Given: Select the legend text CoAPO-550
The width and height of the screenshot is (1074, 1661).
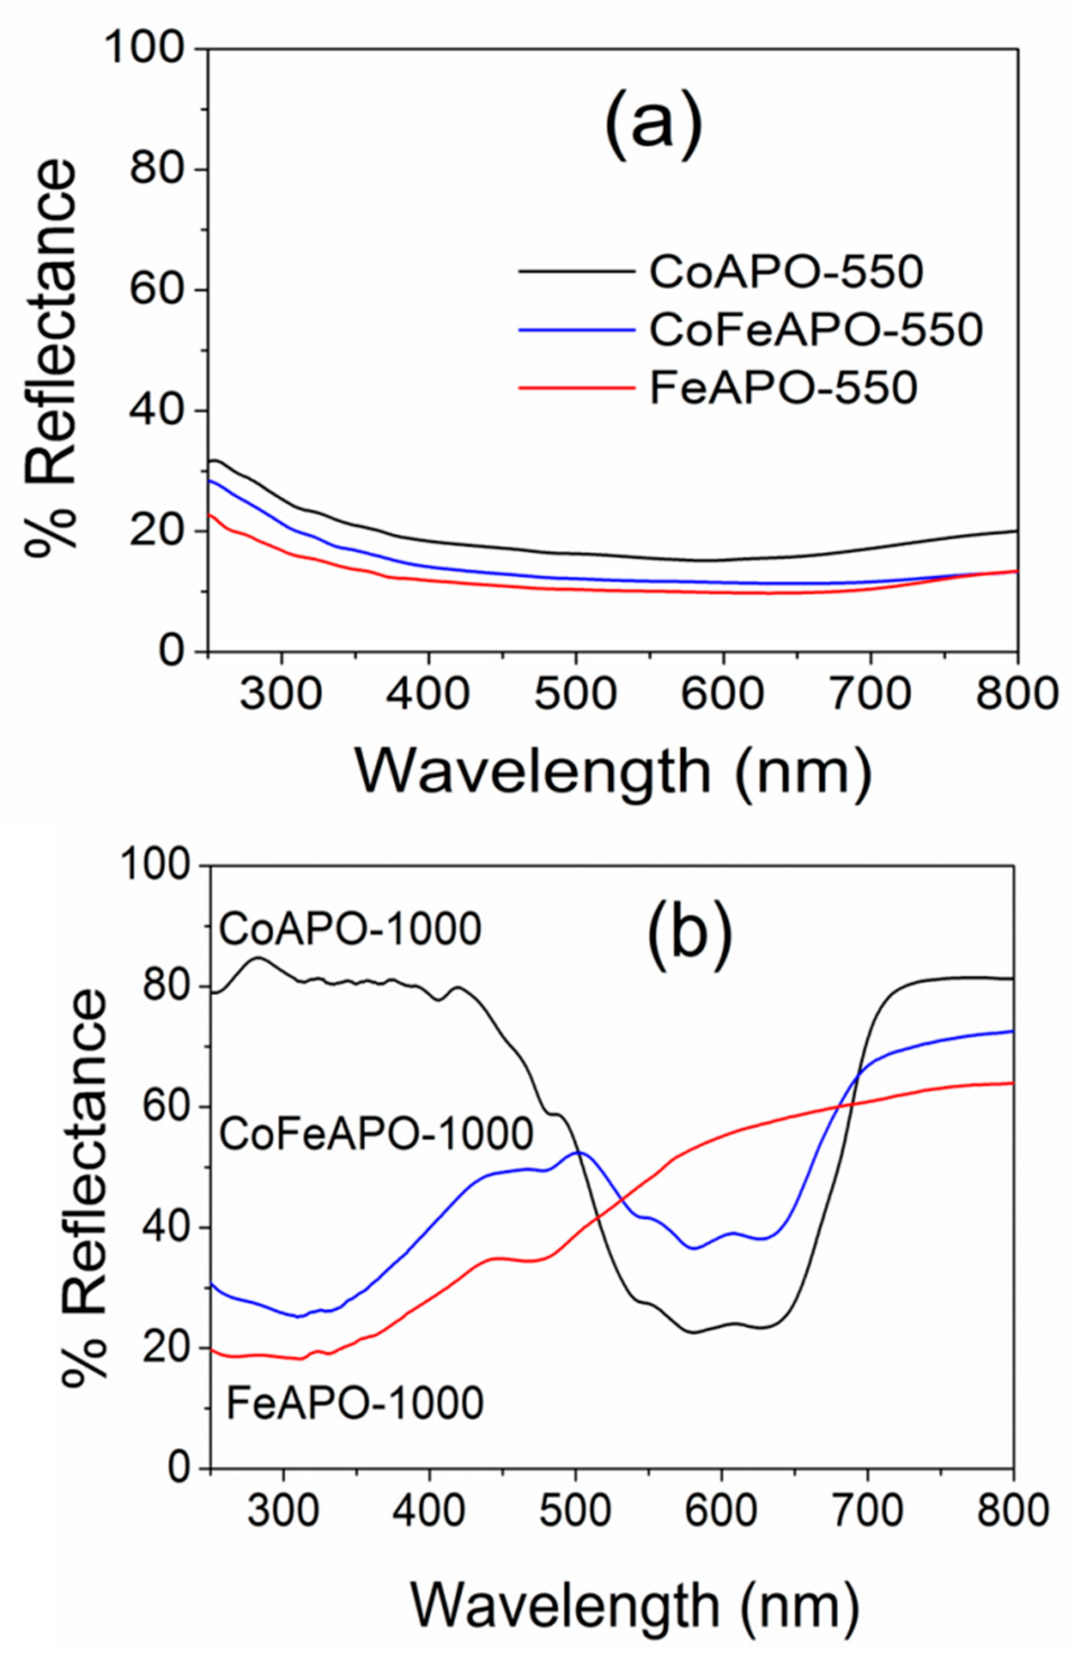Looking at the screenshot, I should pyautogui.click(x=786, y=272).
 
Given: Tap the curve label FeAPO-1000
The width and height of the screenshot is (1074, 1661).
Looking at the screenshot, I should pyautogui.click(x=355, y=1402).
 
